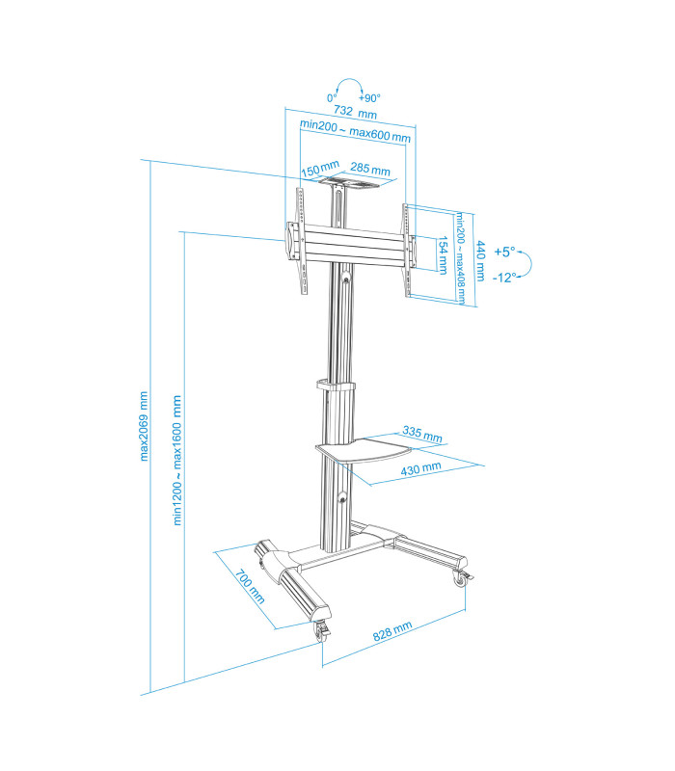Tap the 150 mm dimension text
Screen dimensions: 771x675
pos(317,172)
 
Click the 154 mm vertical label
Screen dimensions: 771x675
pos(443,254)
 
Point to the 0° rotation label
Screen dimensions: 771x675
pos(332,98)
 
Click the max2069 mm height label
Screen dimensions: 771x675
pos(144,425)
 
